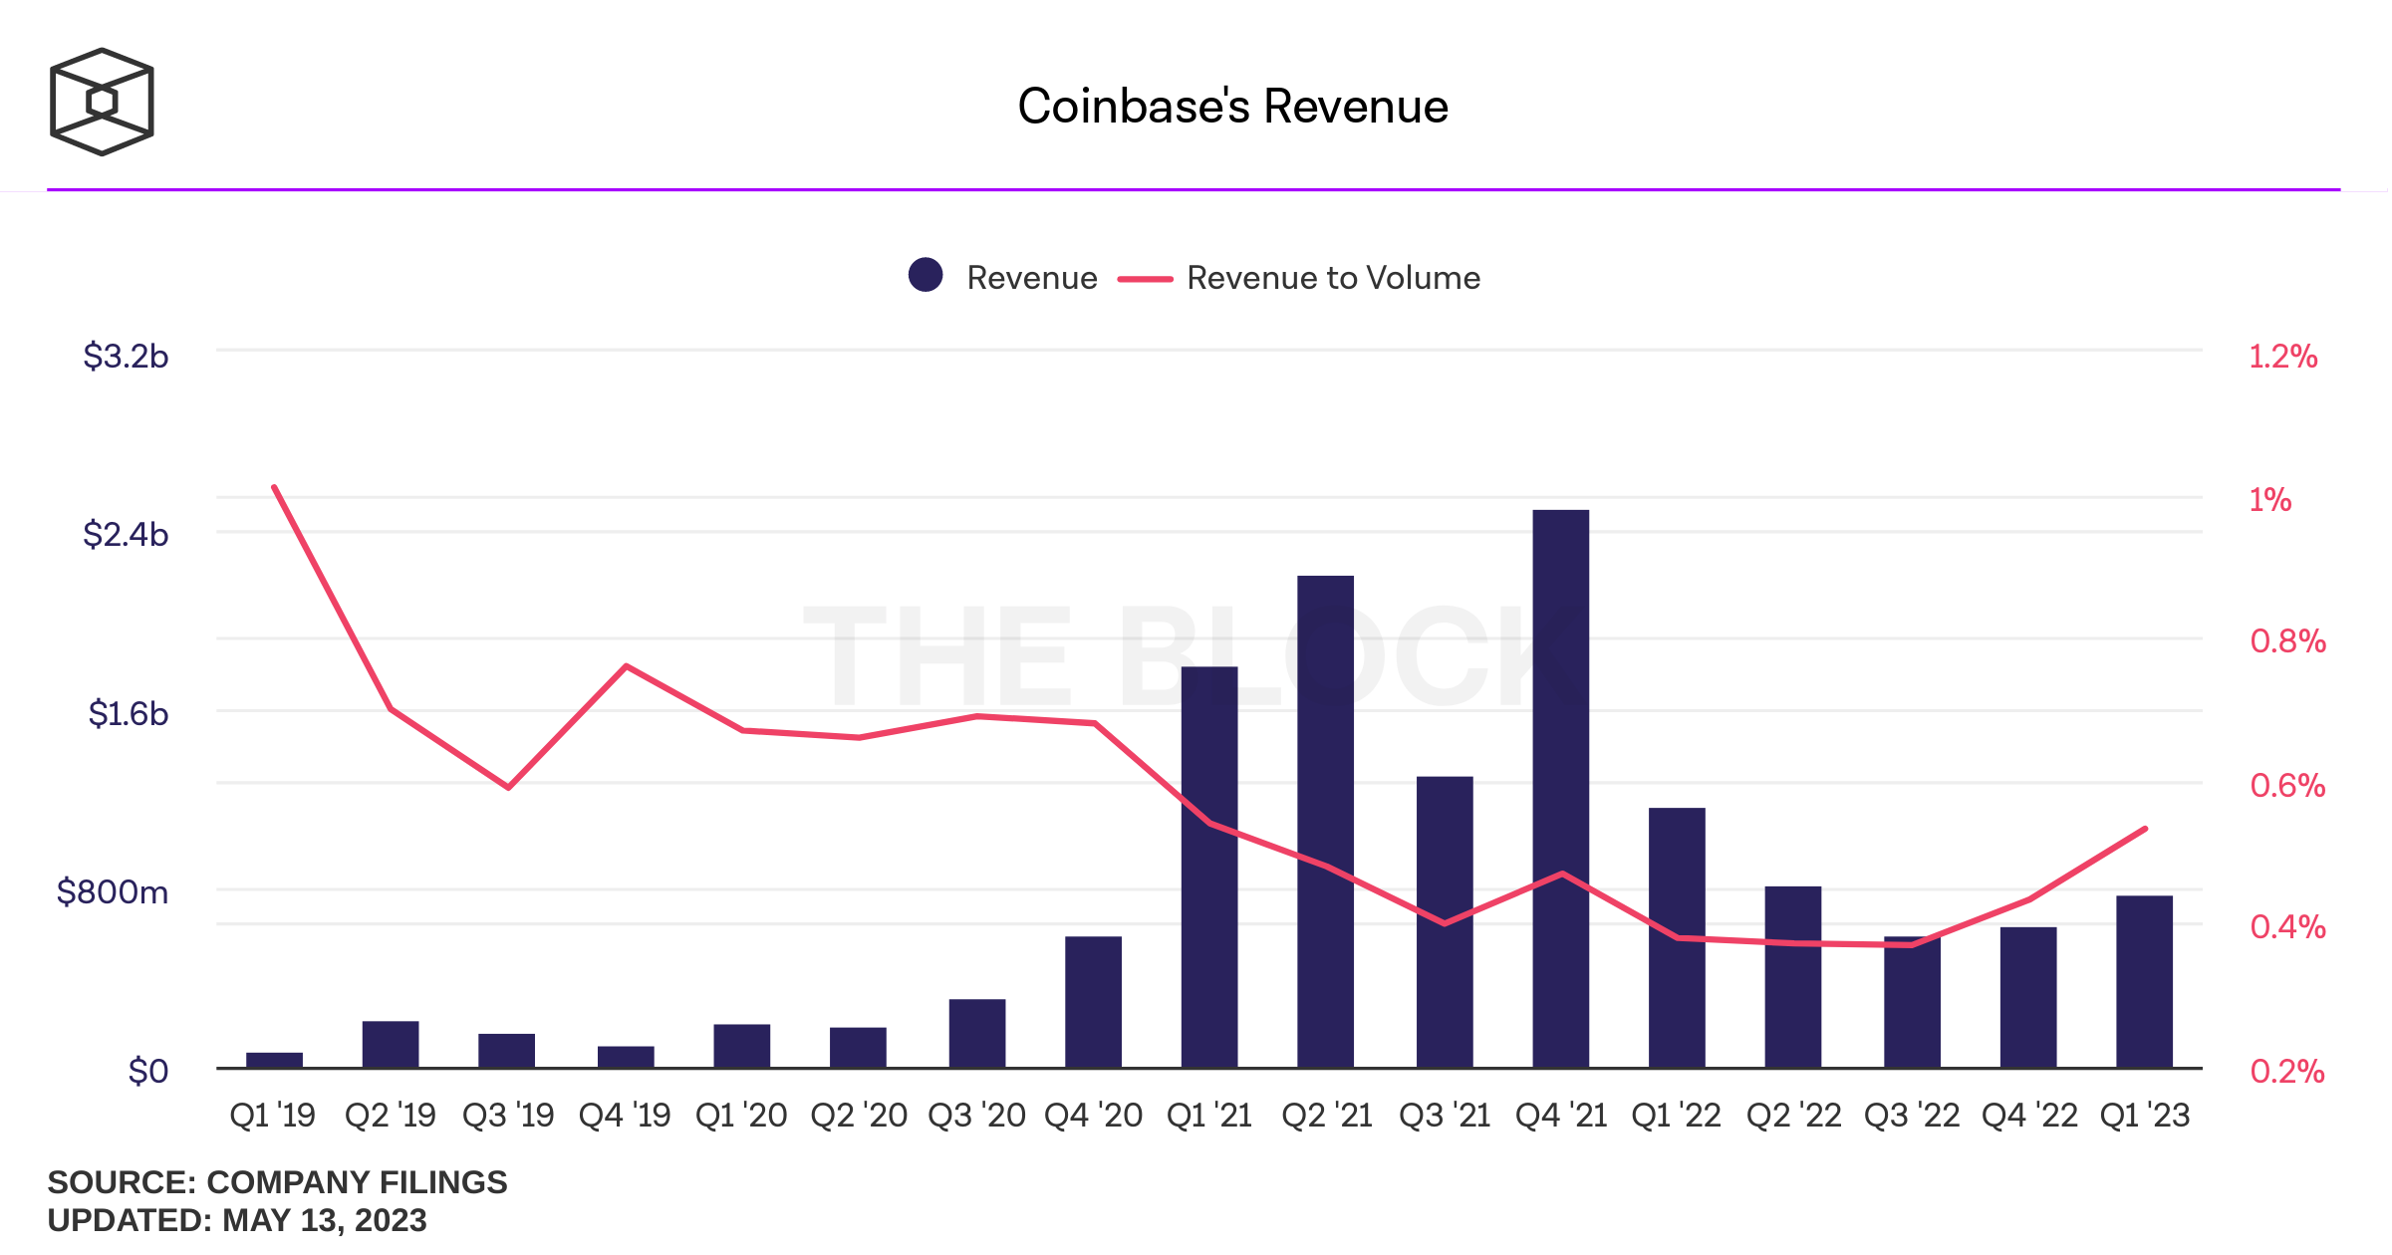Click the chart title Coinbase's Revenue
1232,107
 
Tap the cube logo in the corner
102,102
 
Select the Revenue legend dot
926,275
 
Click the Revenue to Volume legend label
1333,278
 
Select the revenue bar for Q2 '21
1325,822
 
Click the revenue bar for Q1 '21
1209,867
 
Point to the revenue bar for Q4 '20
1093,1002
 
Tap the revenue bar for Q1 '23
2144,981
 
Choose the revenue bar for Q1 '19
274,1060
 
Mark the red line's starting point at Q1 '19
274,487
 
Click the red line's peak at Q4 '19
626,665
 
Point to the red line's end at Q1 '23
2145,829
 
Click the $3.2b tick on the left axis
126,356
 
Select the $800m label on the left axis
113,891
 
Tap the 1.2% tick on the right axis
2282,357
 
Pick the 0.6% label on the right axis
2287,785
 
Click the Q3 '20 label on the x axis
976,1115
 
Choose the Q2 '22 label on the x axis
1793,1115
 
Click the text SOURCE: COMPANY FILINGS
277,1182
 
